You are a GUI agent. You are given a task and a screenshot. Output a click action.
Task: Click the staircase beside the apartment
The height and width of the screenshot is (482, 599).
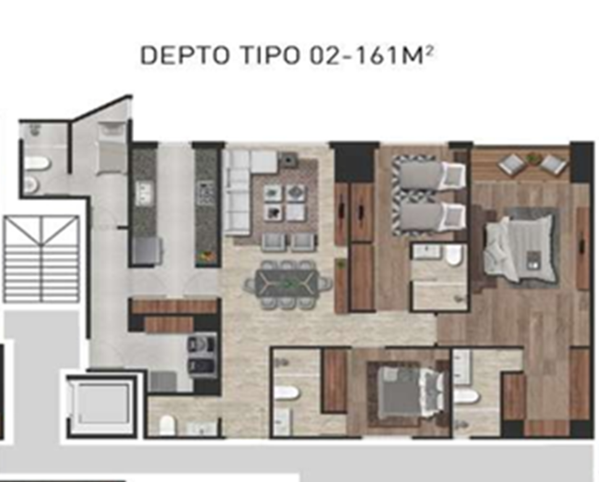[41, 259]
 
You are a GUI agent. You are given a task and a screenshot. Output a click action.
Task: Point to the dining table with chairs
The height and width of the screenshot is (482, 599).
[288, 283]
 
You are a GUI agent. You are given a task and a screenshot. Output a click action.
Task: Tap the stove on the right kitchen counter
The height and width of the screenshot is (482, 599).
[206, 193]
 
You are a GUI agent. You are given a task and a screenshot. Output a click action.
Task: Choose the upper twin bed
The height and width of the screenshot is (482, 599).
[426, 175]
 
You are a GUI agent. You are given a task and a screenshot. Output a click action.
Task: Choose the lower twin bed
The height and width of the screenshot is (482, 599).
[426, 216]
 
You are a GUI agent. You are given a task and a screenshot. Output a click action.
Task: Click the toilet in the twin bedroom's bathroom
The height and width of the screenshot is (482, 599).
[454, 255]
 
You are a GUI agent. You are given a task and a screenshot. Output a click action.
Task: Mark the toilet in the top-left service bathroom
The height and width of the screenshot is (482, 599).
[38, 164]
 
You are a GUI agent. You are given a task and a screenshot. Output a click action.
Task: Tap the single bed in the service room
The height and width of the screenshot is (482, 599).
[112, 148]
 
